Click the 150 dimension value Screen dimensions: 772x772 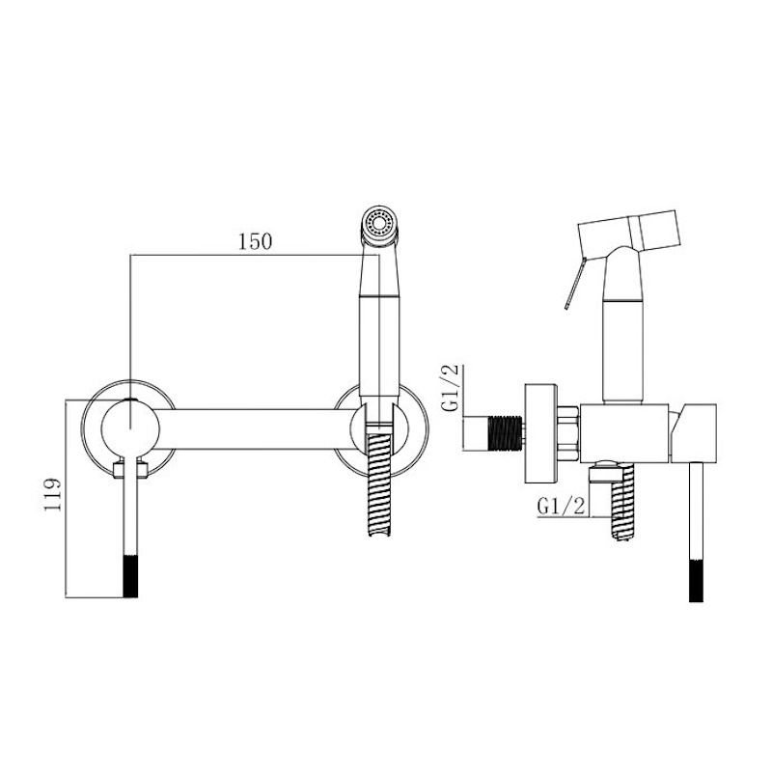click(255, 242)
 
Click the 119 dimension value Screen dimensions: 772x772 click(53, 494)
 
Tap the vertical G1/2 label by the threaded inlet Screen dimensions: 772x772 click(452, 388)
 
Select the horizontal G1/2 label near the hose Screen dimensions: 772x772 click(561, 506)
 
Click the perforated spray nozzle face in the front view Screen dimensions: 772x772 click(378, 223)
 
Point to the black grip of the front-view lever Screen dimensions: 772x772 click(130, 576)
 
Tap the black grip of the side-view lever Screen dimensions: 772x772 click(696, 580)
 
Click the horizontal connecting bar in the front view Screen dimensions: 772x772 click(256, 428)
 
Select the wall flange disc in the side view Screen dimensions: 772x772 click(540, 433)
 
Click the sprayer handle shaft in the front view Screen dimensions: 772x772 click(378, 320)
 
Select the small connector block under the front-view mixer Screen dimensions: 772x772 click(130, 468)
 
